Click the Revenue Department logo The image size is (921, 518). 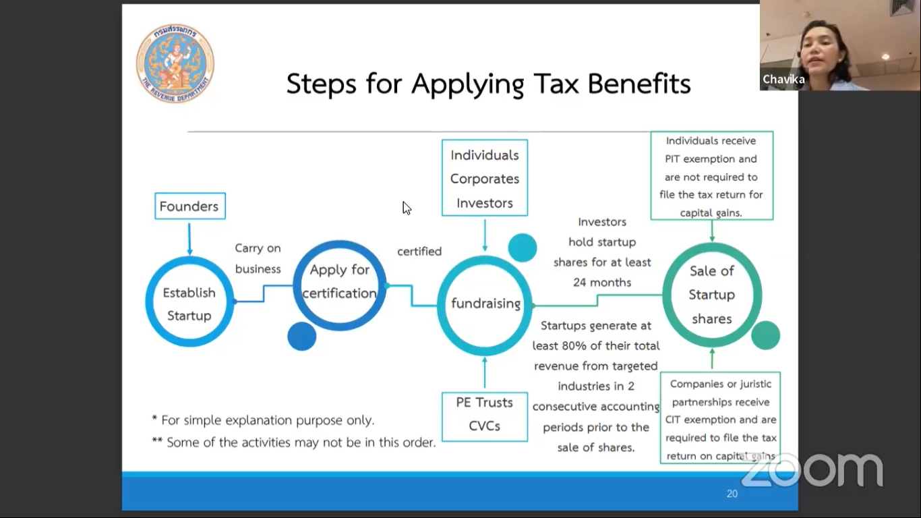point(175,63)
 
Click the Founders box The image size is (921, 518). point(190,206)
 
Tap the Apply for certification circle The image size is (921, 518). point(340,242)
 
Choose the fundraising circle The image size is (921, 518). point(485,258)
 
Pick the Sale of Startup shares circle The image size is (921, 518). point(712,246)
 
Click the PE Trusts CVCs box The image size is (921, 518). point(485,416)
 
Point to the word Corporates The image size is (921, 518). point(485,179)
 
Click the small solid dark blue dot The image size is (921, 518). point(302,336)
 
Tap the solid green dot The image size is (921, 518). point(765,335)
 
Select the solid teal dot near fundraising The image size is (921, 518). point(523,248)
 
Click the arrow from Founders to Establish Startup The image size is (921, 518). point(189,239)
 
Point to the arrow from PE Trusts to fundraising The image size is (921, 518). point(485,372)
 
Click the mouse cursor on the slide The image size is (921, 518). point(407,208)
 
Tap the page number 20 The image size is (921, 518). point(732,494)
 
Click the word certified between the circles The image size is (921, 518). point(419,251)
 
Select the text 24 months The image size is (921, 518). point(602,282)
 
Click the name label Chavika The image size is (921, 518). point(783,79)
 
